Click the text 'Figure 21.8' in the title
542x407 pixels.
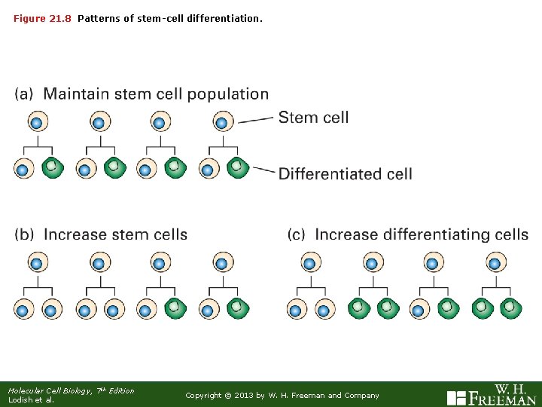(x=43, y=17)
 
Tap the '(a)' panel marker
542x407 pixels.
(x=24, y=95)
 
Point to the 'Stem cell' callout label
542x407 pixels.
(x=313, y=118)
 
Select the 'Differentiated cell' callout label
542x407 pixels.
(x=345, y=174)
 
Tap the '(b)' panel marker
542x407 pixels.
(x=24, y=234)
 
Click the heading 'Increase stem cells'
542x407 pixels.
(x=115, y=234)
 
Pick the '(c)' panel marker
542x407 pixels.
(x=297, y=234)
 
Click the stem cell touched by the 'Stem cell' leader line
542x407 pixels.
(x=221, y=121)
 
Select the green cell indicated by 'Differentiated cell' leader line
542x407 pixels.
(x=238, y=167)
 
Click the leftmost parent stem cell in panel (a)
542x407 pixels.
(x=37, y=121)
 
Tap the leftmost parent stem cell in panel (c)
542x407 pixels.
(x=310, y=263)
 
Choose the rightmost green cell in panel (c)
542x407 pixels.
(x=510, y=308)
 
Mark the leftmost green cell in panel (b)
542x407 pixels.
(x=175, y=308)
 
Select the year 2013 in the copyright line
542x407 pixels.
(x=245, y=396)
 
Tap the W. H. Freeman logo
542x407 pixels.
(x=492, y=394)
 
